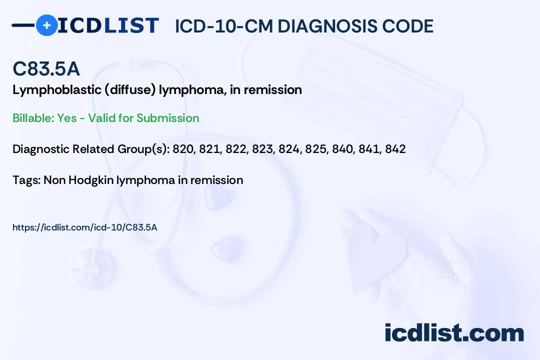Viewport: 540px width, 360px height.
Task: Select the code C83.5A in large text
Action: coord(46,69)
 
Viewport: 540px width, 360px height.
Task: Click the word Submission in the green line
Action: coord(167,118)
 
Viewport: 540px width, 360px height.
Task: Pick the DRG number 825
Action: coord(315,149)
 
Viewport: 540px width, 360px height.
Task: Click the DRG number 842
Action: coord(395,149)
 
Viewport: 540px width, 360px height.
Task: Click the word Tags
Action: coord(25,180)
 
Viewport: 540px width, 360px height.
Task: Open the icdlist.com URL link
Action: coord(84,227)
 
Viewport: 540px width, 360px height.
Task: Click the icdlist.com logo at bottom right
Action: coord(454,333)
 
